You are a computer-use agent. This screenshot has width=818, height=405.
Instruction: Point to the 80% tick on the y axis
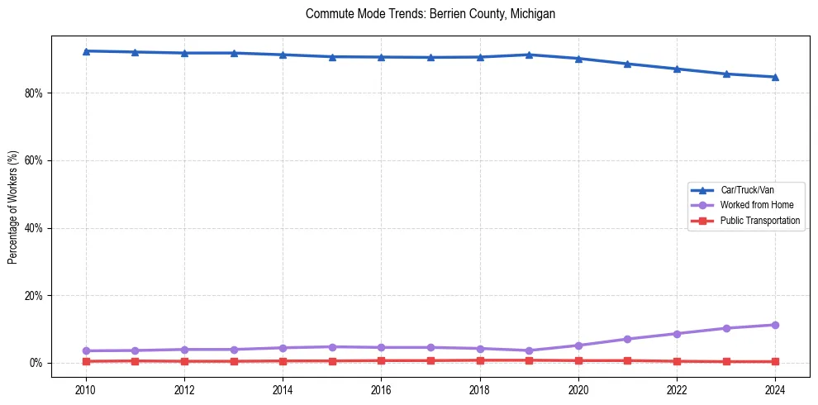(34, 93)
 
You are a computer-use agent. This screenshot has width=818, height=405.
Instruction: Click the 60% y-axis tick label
(34, 160)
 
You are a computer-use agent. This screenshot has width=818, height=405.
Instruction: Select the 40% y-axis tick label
(34, 228)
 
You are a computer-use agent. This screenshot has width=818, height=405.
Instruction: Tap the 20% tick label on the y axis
(34, 296)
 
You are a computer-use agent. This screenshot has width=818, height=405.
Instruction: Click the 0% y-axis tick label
(36, 363)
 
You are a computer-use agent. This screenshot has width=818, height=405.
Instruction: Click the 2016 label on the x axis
(381, 388)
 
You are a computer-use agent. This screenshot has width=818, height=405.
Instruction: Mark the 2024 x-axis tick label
(775, 388)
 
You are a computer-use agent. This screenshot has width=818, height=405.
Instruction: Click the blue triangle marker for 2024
(775, 77)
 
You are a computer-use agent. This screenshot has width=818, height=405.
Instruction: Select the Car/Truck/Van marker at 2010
(86, 51)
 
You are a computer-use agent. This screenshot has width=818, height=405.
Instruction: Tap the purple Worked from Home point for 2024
(775, 325)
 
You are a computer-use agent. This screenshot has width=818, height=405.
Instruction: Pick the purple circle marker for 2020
(578, 345)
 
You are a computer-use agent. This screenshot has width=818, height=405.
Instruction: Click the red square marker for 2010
(86, 361)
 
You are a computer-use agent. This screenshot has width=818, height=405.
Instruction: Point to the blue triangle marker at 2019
(529, 55)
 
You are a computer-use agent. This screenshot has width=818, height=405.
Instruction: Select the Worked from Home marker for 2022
(677, 334)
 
